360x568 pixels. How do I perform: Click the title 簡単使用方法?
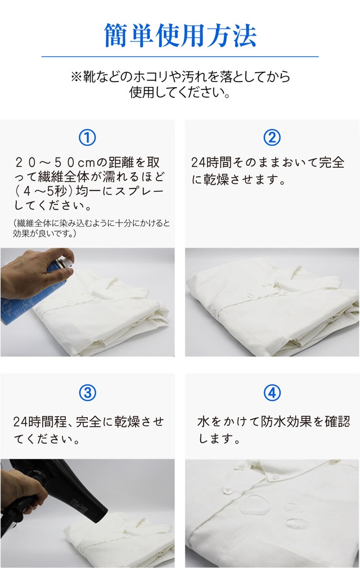click(180, 35)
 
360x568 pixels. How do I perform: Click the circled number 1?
click(87, 138)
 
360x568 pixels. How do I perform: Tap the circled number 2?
click(272, 138)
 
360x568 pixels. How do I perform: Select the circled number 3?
click(87, 393)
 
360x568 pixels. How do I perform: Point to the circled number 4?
click(272, 393)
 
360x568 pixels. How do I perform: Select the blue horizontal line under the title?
click(180, 56)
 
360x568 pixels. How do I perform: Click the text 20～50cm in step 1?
click(55, 163)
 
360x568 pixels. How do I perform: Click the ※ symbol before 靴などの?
click(76, 77)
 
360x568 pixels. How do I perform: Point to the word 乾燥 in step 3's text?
click(127, 422)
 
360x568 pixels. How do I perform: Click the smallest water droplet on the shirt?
click(291, 507)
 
